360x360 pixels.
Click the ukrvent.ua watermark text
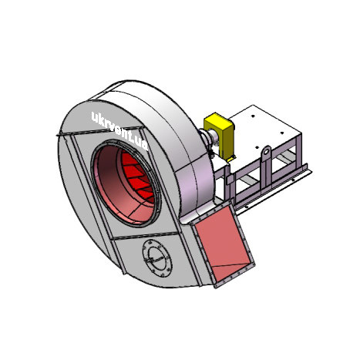click(x=119, y=131)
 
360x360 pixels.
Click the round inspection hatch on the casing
click(x=157, y=258)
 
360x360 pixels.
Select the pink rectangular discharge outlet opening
click(x=223, y=243)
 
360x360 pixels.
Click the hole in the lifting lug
click(x=267, y=152)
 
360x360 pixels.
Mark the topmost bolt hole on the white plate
click(x=253, y=116)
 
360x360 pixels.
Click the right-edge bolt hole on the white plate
click(x=281, y=133)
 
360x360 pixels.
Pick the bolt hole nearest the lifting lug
click(x=257, y=147)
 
